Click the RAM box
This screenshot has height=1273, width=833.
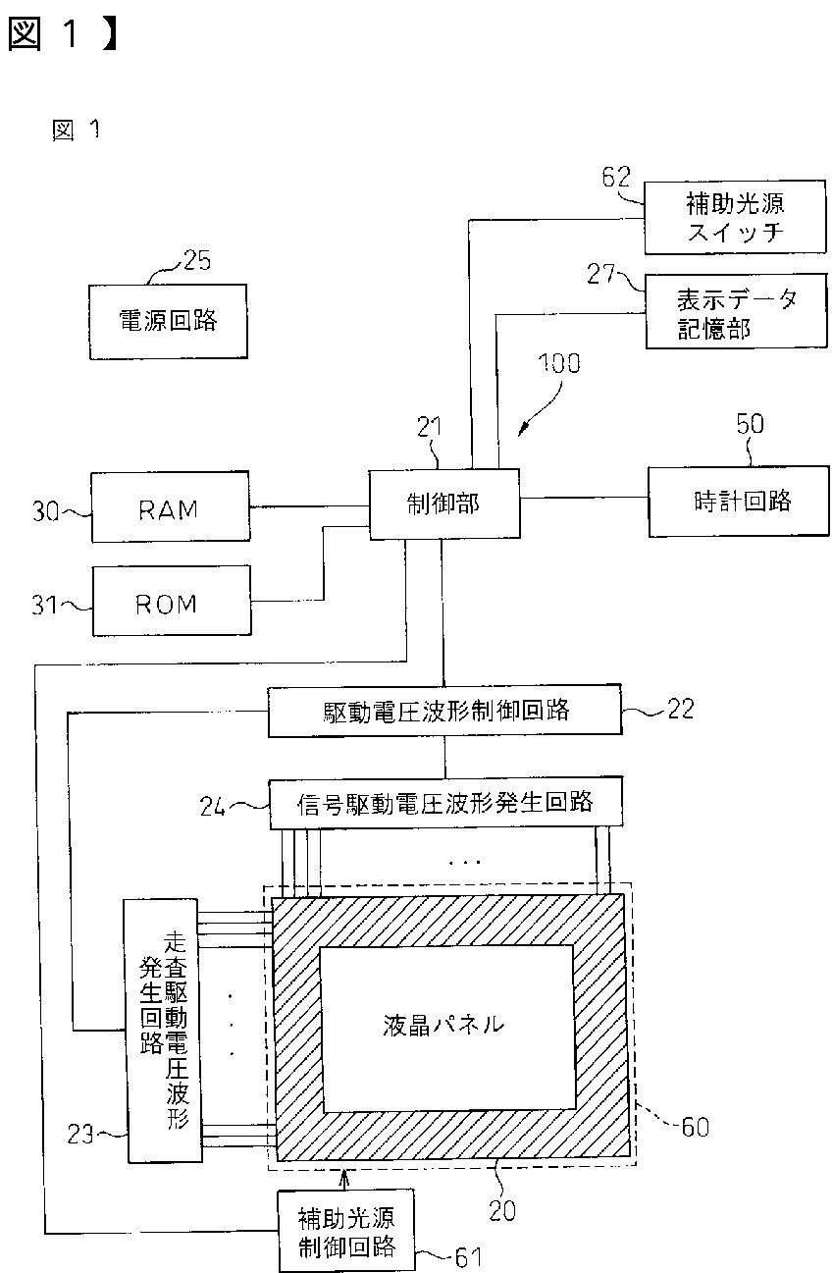pos(171,506)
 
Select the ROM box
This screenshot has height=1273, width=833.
pos(172,601)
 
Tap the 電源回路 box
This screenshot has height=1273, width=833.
pos(168,322)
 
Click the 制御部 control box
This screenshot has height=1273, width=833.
pos(444,504)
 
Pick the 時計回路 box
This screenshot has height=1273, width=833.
pos(739,502)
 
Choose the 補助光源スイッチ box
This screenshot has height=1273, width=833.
pos(735,217)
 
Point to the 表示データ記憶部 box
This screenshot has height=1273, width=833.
pos(737,311)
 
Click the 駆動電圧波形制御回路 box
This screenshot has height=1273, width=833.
pos(444,711)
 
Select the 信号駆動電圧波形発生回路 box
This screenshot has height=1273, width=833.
pos(446,803)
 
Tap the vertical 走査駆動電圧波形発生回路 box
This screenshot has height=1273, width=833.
pos(163,1031)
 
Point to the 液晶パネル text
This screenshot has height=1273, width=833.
pos(443,1026)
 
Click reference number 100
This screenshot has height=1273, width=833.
pos(559,364)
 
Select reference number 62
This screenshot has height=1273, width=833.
pos(616,177)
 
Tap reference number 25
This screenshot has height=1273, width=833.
pos(197,260)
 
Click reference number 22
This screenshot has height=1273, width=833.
pos(680,709)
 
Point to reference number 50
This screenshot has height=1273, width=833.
pos(750,424)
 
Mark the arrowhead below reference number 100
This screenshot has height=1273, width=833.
pos(523,430)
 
